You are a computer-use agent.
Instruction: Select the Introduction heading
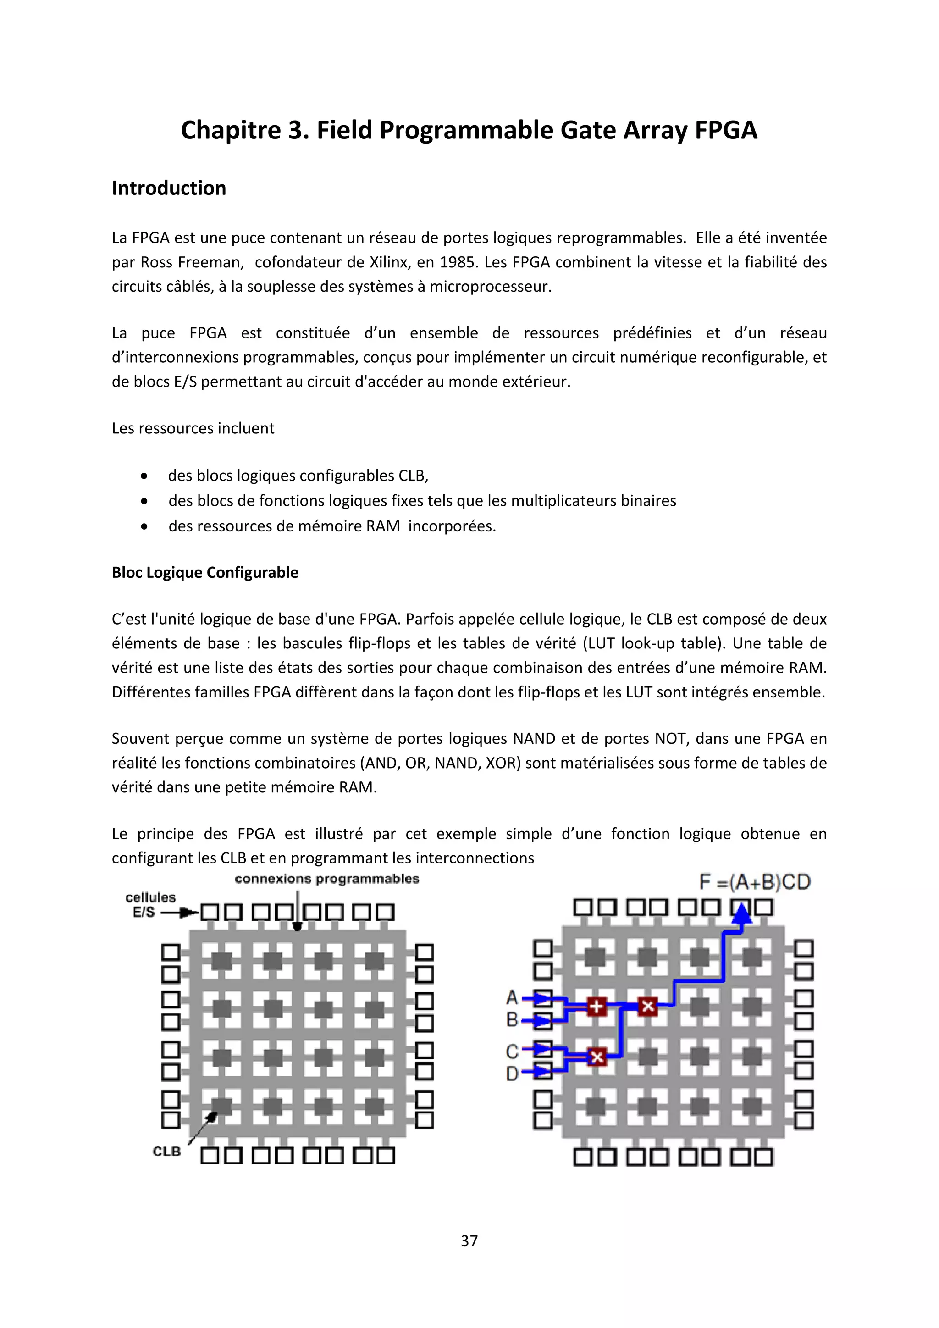click(169, 188)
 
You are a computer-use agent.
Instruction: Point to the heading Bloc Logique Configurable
click(204, 573)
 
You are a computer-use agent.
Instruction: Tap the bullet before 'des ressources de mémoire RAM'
click(144, 526)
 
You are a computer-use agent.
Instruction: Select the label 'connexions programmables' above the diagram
click(327, 879)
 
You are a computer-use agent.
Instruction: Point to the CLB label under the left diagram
click(166, 1151)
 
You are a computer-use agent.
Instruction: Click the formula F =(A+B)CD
click(755, 882)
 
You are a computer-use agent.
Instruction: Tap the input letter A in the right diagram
click(512, 997)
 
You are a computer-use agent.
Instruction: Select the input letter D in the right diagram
click(512, 1073)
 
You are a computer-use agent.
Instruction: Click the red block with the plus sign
click(596, 1007)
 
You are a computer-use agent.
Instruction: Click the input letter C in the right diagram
click(512, 1051)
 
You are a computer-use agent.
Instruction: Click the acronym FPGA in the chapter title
click(726, 131)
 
